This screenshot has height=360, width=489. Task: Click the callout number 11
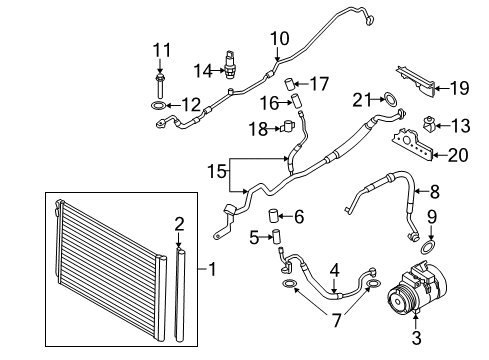(162, 50)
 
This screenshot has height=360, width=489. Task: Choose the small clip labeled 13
(433, 126)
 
